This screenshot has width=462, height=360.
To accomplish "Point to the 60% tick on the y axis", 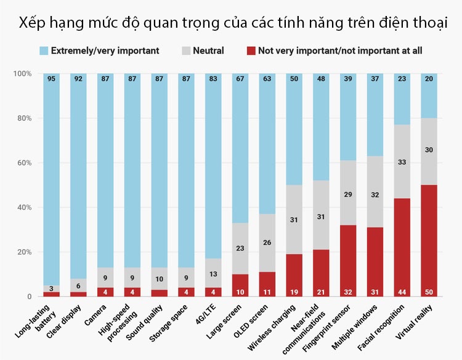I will (x=23, y=163).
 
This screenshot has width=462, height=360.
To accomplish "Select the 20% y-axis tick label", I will (x=23, y=252).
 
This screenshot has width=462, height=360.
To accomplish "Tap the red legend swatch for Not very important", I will (x=250, y=50).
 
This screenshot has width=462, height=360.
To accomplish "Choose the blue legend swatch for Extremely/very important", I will (x=43, y=50).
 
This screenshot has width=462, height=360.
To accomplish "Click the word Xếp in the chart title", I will (x=32, y=23).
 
